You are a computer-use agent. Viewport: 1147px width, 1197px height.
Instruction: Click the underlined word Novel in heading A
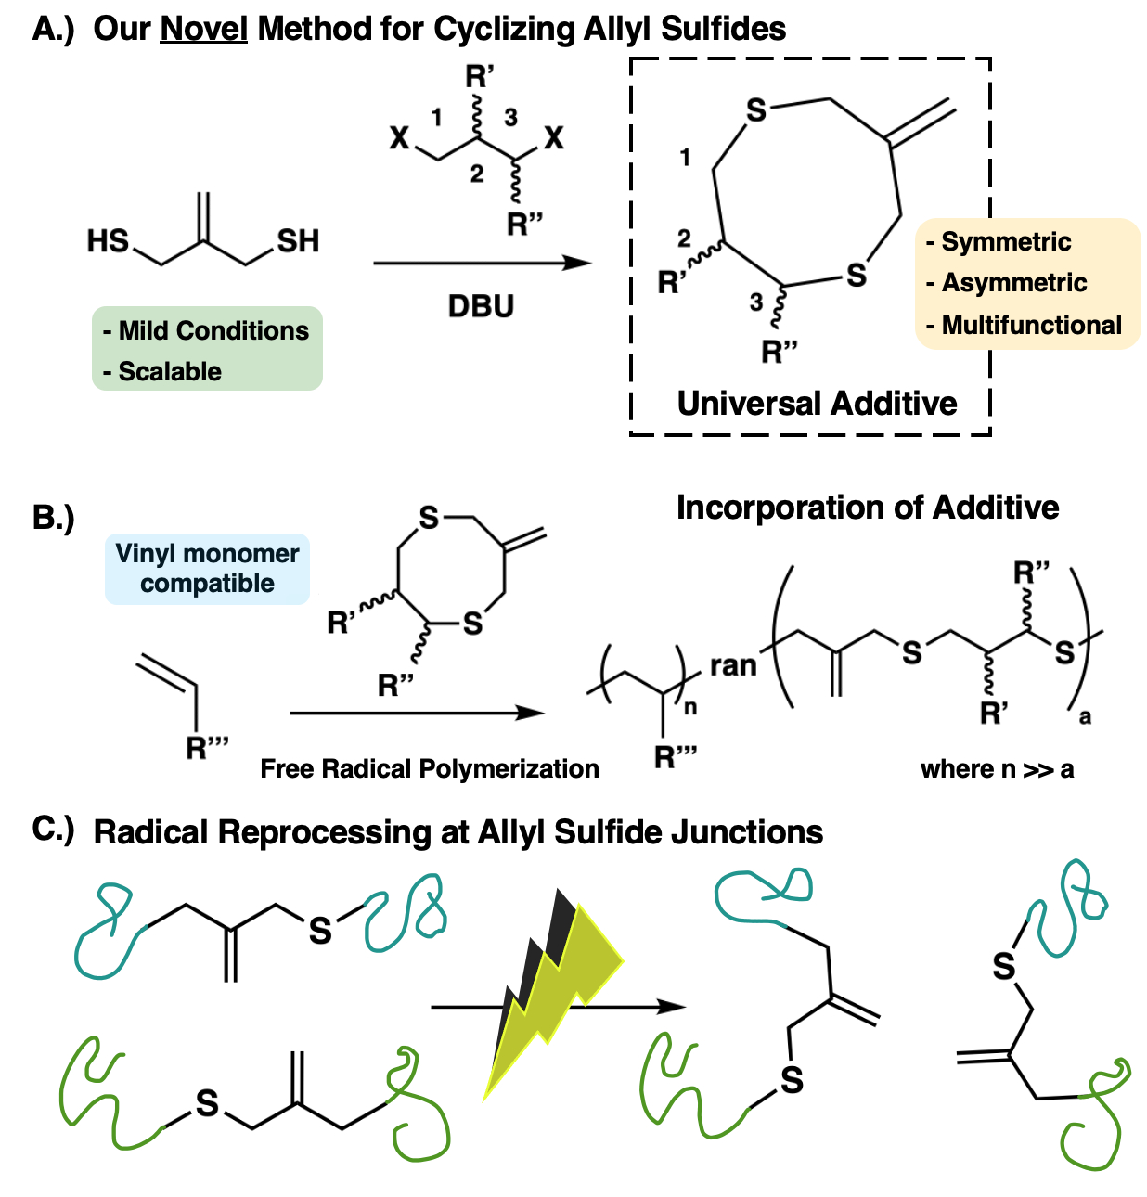[203, 29]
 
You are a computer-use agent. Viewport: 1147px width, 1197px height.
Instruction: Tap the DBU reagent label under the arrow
[481, 306]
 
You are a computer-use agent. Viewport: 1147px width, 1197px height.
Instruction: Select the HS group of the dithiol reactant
[108, 241]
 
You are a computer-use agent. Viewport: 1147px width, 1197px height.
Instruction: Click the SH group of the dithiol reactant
[298, 241]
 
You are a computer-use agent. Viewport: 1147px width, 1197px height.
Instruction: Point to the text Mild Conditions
[213, 330]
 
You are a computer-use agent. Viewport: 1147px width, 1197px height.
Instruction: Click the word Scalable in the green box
[170, 371]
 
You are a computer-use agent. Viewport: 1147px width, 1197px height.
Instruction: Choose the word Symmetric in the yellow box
[1006, 242]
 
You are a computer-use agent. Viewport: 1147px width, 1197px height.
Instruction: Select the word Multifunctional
[1031, 325]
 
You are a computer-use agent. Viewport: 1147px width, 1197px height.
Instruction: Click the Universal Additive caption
[817, 404]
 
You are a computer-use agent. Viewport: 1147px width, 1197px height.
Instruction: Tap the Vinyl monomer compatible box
[207, 569]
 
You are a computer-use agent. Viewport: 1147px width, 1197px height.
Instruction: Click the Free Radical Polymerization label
[430, 768]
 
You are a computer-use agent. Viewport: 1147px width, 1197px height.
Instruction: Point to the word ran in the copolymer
[733, 665]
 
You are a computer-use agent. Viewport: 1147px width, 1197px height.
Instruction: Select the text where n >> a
[997, 768]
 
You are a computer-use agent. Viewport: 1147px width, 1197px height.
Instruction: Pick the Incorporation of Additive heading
[867, 508]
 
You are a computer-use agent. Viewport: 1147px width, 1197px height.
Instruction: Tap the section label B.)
[54, 517]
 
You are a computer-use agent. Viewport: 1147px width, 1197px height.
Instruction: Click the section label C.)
[53, 830]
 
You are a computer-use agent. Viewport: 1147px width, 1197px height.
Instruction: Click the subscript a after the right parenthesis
[1085, 716]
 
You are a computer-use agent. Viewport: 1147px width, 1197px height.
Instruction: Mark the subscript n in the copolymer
[690, 708]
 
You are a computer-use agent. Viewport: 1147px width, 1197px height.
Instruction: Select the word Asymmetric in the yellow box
[1013, 283]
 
